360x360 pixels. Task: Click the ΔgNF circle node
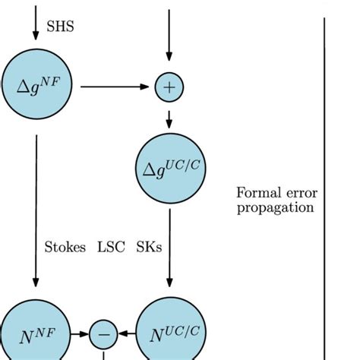point(36,87)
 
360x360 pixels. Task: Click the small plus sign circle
point(169,87)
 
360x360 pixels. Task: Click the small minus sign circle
point(104,334)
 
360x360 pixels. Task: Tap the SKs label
point(149,247)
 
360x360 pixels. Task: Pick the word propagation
point(275,207)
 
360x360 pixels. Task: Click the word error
point(298,192)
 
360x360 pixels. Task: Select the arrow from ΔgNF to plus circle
point(114,87)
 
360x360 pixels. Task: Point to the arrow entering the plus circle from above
point(169,38)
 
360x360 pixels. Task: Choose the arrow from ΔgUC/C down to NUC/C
point(169,251)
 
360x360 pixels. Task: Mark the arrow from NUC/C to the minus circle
point(128,334)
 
